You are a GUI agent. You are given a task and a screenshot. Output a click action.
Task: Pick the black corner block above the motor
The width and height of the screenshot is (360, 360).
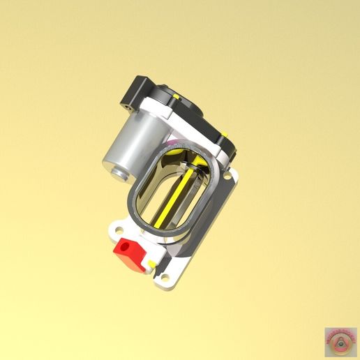coord(137,94)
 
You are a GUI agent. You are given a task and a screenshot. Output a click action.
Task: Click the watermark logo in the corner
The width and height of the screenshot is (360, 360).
coord(340,340)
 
